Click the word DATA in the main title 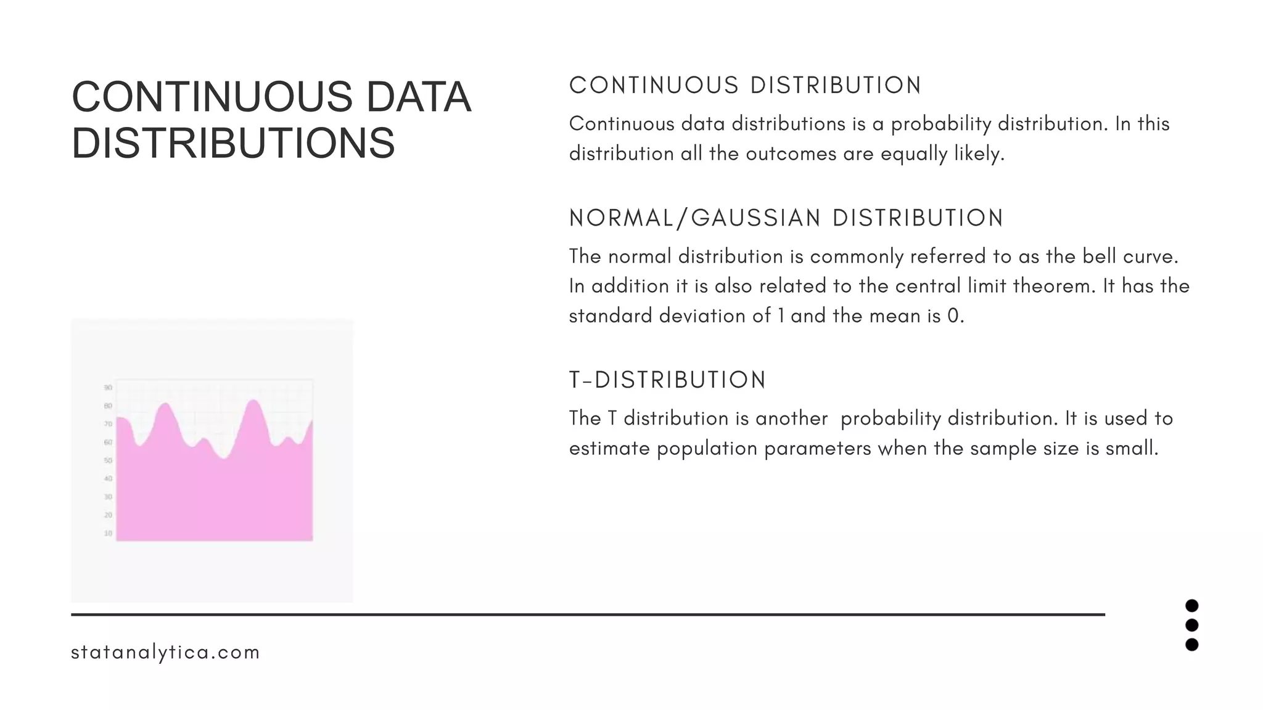point(419,97)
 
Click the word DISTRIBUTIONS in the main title point(233,143)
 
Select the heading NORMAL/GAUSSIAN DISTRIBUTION point(786,218)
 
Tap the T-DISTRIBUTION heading point(667,380)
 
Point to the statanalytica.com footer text point(165,652)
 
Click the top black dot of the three point(1191,606)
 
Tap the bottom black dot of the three point(1191,645)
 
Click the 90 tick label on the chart point(108,388)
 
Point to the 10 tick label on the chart point(108,533)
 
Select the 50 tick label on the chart point(108,460)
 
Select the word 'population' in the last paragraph point(707,449)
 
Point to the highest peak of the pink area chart point(253,402)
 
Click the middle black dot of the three point(1191,625)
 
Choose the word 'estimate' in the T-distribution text point(609,448)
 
